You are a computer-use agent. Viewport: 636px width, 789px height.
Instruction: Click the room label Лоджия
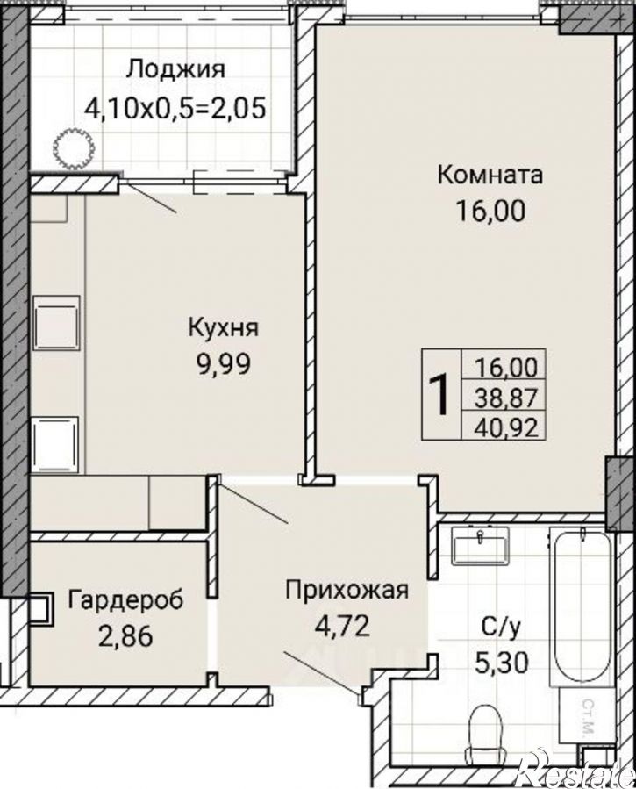coord(175,69)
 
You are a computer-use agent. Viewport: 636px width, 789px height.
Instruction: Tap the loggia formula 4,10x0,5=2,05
coord(175,108)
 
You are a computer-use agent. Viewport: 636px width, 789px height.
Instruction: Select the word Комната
coord(490,174)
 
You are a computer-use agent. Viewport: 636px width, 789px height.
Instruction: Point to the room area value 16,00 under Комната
coord(490,212)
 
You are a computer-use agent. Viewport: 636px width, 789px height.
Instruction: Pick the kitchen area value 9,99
coord(223,363)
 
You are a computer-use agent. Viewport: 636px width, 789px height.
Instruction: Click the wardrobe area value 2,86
coord(125,635)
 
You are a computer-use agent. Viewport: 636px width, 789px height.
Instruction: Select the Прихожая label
coord(347,590)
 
